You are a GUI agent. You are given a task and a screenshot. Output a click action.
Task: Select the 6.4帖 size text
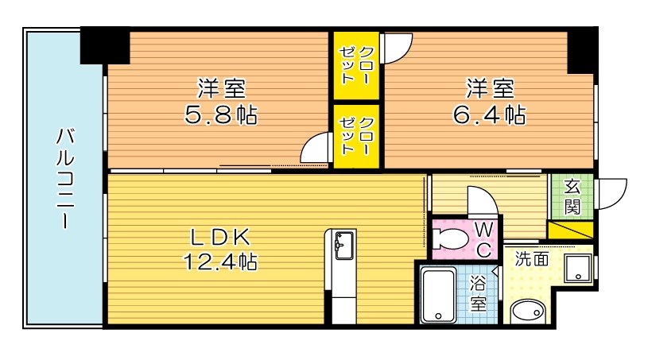(489, 115)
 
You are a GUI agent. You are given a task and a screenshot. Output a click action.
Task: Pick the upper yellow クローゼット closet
(357, 66)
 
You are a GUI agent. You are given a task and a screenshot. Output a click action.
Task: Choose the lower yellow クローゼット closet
(357, 137)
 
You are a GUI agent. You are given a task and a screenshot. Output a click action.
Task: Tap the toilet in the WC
(454, 238)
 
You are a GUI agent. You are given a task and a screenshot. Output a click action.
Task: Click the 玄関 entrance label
(572, 195)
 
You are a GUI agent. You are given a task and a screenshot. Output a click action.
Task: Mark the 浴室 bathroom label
(478, 293)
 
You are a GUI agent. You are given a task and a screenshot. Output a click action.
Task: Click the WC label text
(483, 239)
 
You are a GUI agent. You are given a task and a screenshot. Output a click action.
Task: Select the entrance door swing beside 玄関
(611, 193)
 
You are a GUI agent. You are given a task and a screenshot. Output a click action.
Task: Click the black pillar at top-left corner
(105, 45)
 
